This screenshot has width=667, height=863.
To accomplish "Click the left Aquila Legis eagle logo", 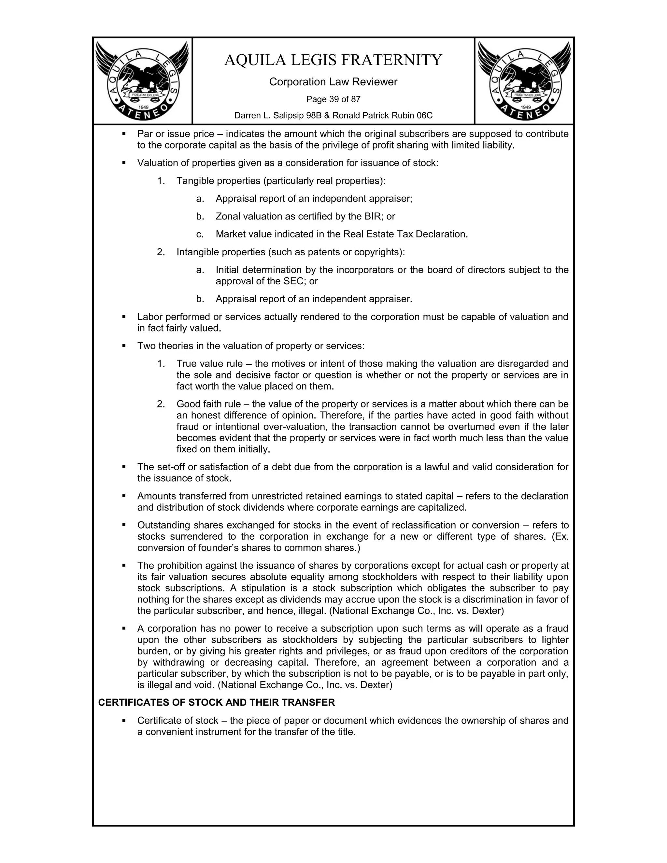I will click(x=142, y=81).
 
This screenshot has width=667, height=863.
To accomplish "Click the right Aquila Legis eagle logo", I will click(x=524, y=81).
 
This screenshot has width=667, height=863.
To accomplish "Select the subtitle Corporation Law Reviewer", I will click(x=333, y=82).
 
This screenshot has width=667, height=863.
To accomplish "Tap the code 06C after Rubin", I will click(x=424, y=115).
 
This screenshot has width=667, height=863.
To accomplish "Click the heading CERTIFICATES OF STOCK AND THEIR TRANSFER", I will click(x=216, y=702).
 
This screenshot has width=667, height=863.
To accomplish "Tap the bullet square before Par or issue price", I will click(x=124, y=134).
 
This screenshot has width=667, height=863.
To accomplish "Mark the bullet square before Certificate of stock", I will click(x=124, y=720).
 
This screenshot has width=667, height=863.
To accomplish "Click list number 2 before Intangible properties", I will click(x=161, y=252).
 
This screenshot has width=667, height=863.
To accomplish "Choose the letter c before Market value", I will click(x=200, y=234).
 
